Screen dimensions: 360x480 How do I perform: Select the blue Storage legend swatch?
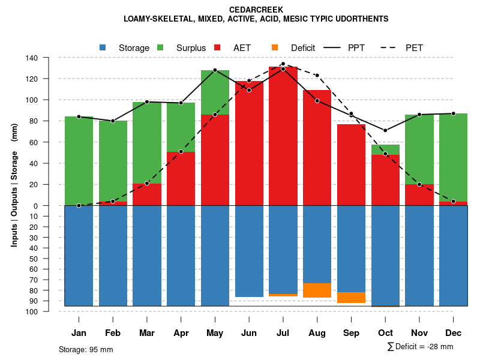tap(103, 47)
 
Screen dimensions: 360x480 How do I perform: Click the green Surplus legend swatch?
tap(160, 47)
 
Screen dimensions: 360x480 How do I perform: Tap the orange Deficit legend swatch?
tap(275, 47)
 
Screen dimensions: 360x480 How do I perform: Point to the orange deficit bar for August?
tap(317, 290)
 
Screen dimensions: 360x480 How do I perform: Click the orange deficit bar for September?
tap(352, 298)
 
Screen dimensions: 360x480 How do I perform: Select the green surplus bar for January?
tap(79, 161)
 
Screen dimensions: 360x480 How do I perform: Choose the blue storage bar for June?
tap(249, 251)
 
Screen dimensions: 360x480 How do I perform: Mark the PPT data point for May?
tap(215, 70)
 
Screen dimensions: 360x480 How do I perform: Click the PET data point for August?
tap(317, 76)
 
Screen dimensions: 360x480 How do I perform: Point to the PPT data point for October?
tap(385, 130)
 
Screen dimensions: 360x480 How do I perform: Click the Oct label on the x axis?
tap(385, 333)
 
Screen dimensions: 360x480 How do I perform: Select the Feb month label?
tap(113, 333)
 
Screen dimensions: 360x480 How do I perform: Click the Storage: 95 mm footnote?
tap(86, 349)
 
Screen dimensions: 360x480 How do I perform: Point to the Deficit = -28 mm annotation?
tap(420, 346)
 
